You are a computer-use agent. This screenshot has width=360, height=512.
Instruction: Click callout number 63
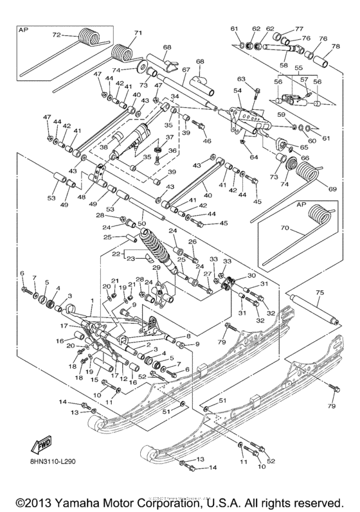[x=242, y=79]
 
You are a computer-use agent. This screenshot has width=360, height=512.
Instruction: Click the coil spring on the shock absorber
[x=156, y=243]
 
